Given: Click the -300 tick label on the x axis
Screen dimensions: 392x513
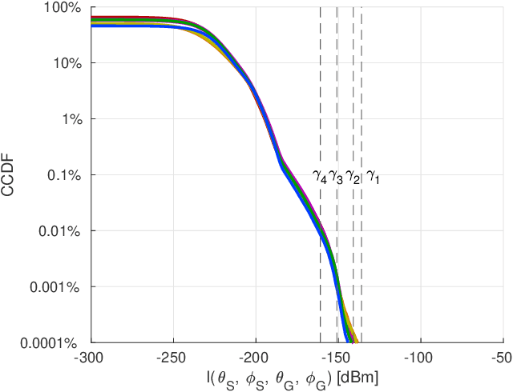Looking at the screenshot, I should tap(91, 357).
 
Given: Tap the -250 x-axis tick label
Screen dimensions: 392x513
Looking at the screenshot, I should tap(173, 357).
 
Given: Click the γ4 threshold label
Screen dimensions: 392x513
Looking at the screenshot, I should tap(320, 177).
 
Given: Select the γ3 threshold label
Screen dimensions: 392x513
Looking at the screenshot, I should tap(336, 177).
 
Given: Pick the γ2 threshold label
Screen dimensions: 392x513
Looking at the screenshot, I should tap(353, 177).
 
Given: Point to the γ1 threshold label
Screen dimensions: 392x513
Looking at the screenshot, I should tap(373, 177).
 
